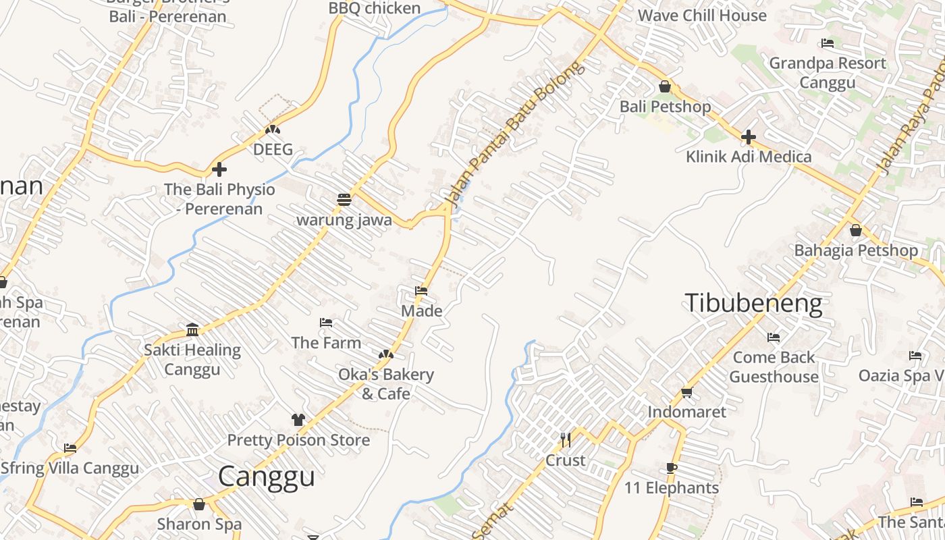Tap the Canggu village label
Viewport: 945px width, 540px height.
(x=267, y=477)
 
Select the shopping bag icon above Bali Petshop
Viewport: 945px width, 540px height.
(x=665, y=86)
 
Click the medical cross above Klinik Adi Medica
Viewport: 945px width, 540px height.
(x=748, y=137)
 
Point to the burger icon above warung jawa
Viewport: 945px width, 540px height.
(x=344, y=200)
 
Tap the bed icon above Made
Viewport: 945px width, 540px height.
(x=421, y=291)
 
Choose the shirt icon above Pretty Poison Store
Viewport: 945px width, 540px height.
(x=298, y=420)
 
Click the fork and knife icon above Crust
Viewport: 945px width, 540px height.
(x=566, y=440)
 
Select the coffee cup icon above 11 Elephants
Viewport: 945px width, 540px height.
(x=671, y=468)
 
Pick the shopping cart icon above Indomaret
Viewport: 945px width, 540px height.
(x=686, y=392)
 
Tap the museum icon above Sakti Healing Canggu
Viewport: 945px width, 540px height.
(x=192, y=329)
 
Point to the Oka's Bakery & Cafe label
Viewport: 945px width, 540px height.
(x=385, y=383)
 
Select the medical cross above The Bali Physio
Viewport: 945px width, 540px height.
(x=219, y=169)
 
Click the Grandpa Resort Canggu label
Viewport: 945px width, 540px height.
(x=828, y=72)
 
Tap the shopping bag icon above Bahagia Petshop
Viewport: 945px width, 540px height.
(x=856, y=230)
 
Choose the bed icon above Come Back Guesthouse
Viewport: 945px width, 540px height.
(x=774, y=337)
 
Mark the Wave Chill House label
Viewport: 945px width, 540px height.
(x=702, y=15)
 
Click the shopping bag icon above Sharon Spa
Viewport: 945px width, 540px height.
(x=199, y=504)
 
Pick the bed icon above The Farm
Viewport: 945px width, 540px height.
(x=326, y=323)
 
